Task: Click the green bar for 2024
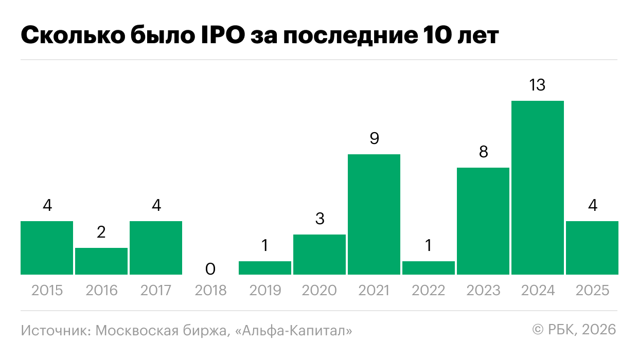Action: coord(537,188)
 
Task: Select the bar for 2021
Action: coord(374,214)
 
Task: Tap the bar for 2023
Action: coord(483,221)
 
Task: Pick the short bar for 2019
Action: coord(265,268)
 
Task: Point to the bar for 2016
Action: coord(101,261)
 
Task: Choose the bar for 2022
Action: coord(429,268)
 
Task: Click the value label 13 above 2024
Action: coord(537,85)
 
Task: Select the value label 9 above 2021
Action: coord(374,139)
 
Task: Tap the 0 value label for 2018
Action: coord(210,268)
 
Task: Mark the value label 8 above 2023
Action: coord(483,152)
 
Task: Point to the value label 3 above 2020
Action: coord(320,219)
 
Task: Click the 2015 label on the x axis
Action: coord(47,291)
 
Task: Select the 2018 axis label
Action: coord(210,291)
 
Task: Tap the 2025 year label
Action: coord(592,291)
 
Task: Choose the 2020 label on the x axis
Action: coord(320,291)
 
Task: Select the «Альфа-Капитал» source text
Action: coord(293,330)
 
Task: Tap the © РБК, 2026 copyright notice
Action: coord(574,329)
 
